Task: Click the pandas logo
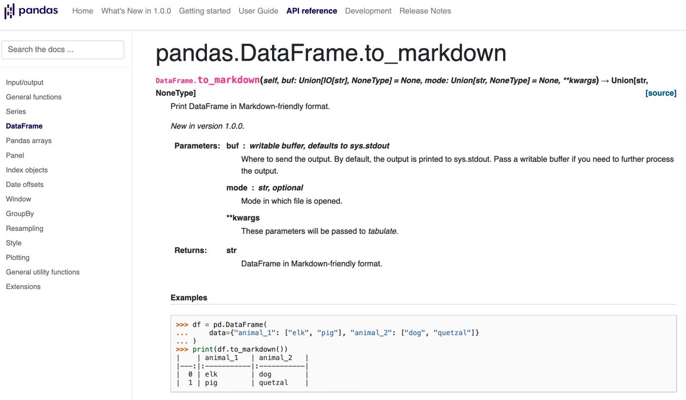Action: (31, 11)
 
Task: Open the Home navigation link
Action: (82, 11)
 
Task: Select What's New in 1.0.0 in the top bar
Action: (136, 11)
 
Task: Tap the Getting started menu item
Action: (205, 11)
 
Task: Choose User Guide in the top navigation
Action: (258, 11)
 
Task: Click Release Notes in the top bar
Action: (425, 11)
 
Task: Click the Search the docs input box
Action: (63, 50)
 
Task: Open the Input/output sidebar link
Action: (25, 82)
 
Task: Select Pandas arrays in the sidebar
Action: (29, 141)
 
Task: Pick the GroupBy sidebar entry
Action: (20, 213)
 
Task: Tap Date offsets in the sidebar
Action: (25, 184)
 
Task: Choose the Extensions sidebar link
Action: (23, 287)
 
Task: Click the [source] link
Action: (661, 93)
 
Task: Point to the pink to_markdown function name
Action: (229, 80)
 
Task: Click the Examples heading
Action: (189, 298)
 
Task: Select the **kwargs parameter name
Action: (243, 218)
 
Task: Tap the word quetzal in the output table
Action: (273, 382)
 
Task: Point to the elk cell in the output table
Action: (211, 374)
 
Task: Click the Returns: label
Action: (190, 250)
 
